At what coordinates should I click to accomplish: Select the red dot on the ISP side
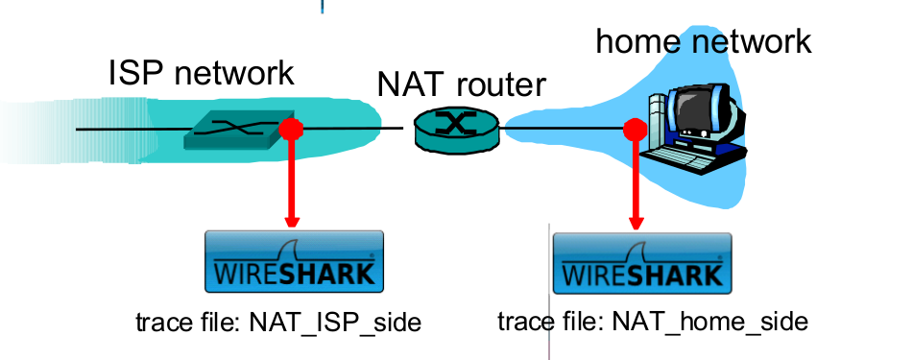click(x=289, y=129)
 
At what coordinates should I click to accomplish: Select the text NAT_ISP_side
click(x=335, y=322)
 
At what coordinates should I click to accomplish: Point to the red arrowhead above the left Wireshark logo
click(x=290, y=220)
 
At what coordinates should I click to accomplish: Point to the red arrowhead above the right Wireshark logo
click(x=634, y=220)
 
